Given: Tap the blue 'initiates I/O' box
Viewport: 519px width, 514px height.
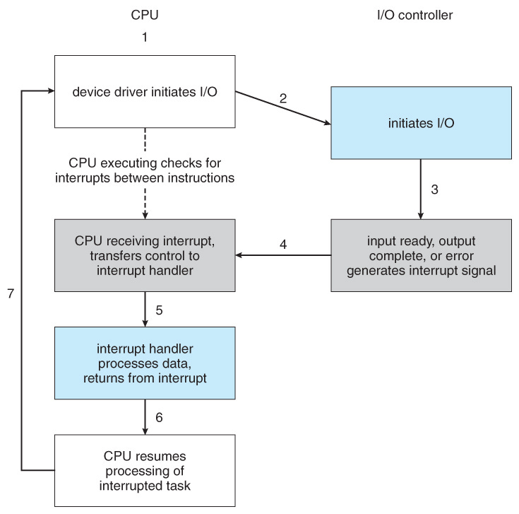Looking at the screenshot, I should coord(421,122).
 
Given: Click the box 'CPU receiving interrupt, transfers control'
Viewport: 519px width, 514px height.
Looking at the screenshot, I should coord(145,255).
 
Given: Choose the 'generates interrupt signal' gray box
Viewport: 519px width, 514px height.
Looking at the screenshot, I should coord(421,255).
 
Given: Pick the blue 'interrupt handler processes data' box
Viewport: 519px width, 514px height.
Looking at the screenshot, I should coord(145,362).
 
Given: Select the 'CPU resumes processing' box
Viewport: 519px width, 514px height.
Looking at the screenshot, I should coord(145,469).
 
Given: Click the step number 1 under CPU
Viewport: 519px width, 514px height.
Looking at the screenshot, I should coord(145,37).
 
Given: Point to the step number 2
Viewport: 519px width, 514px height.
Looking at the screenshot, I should coord(283,98).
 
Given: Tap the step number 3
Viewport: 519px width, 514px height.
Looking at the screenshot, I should coord(435,189).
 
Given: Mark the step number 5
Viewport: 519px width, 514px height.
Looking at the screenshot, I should coord(160,309).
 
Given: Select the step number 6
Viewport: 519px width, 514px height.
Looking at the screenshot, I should coord(160,417).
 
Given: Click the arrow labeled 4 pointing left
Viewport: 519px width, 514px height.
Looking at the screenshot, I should coord(282,256).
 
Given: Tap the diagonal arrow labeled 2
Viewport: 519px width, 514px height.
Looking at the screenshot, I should coord(282,108).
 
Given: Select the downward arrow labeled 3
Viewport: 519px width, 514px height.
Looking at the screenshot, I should coord(421,189).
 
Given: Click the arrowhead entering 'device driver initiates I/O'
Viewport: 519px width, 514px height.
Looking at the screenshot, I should coord(51,90).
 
